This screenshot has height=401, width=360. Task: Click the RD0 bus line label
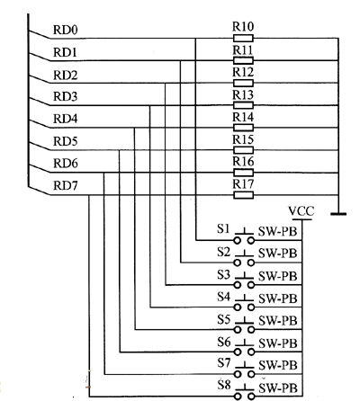coord(66,30)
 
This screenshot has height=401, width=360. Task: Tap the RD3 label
coord(66,96)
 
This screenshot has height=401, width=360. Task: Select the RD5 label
coord(66,141)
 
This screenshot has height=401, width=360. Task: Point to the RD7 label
coord(66,186)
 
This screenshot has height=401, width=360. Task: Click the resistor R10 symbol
coord(243,39)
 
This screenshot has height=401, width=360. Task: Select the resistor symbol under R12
coord(243,83)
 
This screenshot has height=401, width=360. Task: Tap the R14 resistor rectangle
coord(243,128)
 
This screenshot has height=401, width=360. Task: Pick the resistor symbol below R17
coord(243,195)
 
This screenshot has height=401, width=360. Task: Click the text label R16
coord(243,162)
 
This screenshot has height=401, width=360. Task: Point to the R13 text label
coord(243,95)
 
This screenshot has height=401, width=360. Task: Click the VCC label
coord(301,211)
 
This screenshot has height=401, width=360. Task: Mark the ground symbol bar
coord(338,214)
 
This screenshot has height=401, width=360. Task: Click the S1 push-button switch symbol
coord(244,236)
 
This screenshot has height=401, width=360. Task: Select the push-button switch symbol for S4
coord(244,303)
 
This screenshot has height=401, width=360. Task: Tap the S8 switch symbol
coord(244,392)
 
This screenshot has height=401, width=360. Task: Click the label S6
coord(224,342)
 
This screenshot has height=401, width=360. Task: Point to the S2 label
coord(224,253)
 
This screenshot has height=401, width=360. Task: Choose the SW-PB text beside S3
coord(278,276)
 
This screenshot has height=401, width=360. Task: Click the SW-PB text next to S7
coord(278,366)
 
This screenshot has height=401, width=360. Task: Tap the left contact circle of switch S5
coord(238,330)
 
